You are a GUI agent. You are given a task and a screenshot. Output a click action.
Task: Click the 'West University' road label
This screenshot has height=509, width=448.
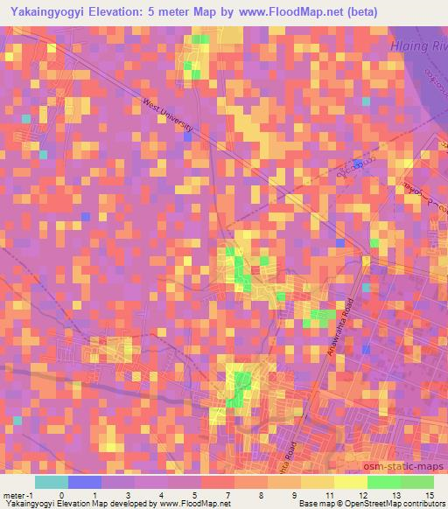coord(167,116)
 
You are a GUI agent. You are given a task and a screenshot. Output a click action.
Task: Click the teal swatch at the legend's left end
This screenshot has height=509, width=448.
coord(52,482)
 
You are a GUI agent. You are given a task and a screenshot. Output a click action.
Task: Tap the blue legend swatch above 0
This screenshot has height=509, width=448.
coord(85,482)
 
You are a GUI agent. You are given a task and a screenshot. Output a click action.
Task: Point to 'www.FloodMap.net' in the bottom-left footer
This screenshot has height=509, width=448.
coord(192,503)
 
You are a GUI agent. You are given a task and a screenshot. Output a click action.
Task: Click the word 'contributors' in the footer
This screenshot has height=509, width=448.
coord(420,503)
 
